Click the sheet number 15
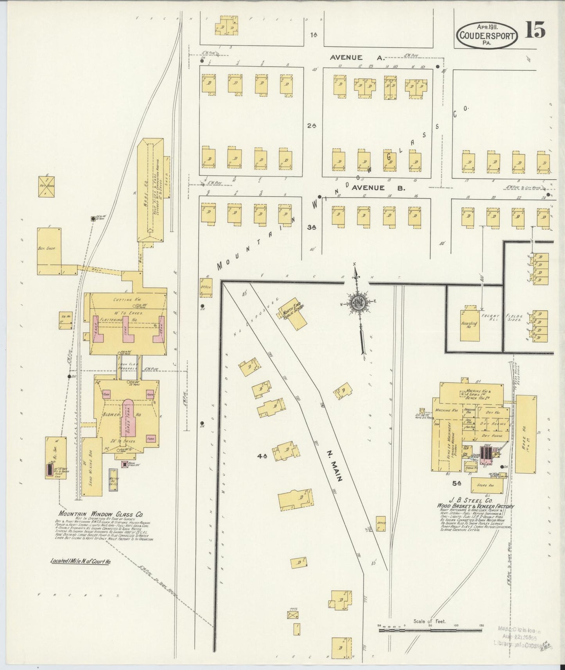535,30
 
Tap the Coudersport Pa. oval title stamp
487,34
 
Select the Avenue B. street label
378,188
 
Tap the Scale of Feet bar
430,630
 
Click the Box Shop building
49,250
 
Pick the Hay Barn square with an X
46,186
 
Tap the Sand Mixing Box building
92,467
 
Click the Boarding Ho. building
470,324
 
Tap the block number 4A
262,456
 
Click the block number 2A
312,126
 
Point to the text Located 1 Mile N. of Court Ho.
81,561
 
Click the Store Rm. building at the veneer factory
484,485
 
